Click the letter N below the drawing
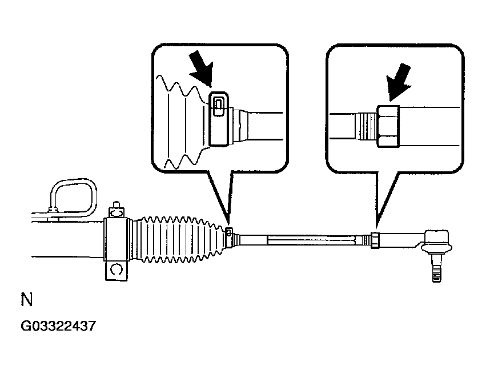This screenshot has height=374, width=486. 26,300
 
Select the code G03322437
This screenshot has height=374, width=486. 58,327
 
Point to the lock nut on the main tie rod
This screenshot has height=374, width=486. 374,240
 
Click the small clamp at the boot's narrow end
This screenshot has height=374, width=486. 229,234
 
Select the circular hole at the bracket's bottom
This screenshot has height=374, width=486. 116,268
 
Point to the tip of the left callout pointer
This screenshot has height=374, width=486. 229,226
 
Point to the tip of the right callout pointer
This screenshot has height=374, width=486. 375,228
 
